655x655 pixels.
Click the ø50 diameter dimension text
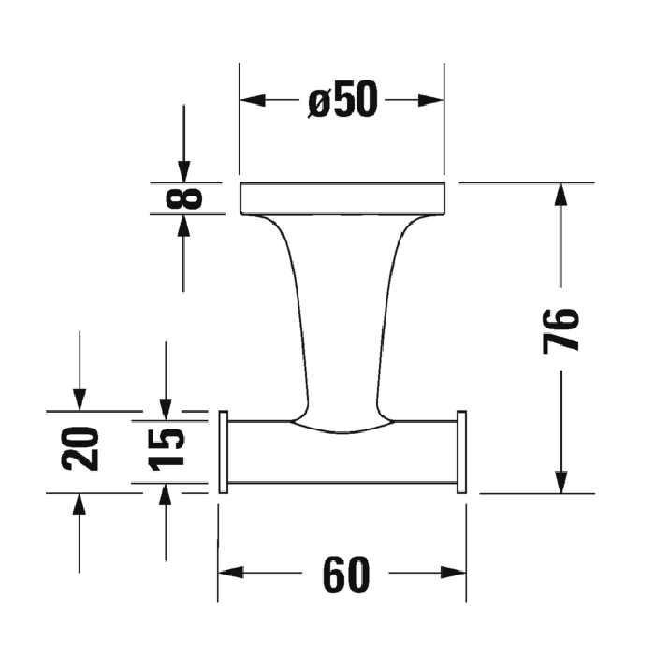[342, 100]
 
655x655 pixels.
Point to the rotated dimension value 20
[80, 447]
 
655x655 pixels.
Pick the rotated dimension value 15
[166, 447]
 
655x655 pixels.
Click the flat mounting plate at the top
[342, 197]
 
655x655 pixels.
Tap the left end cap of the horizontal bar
[223, 451]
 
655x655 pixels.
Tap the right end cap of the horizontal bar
[460, 451]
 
